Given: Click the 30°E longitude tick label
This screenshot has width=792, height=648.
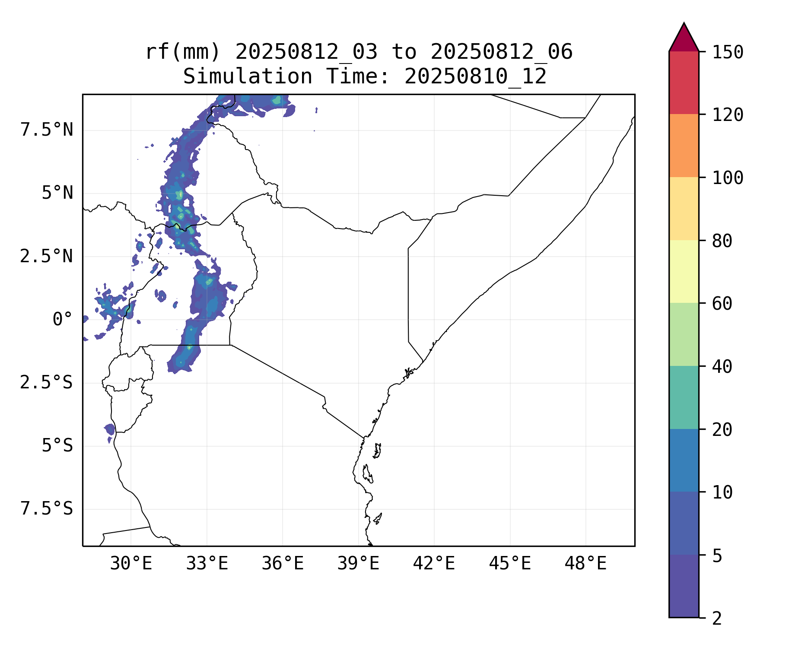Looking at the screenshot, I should [131, 564].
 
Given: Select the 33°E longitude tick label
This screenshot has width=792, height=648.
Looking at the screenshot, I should [207, 564].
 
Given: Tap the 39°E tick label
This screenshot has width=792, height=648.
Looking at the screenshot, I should [358, 564].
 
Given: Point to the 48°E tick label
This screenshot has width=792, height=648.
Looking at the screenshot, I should [585, 564].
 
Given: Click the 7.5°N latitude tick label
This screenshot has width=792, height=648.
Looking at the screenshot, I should [47, 130].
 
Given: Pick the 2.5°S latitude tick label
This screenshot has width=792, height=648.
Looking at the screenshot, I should [47, 383].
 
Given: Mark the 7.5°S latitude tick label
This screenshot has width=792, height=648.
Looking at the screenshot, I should [47, 509].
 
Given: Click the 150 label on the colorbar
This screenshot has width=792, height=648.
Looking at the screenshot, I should [728, 52].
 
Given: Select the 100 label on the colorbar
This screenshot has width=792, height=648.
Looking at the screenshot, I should [728, 178].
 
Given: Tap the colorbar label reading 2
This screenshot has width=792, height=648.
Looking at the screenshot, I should [717, 619].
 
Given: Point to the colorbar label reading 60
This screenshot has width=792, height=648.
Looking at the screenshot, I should [722, 303].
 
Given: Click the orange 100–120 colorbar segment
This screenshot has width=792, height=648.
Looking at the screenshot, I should [684, 146].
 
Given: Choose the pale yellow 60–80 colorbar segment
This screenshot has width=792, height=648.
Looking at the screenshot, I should [684, 271].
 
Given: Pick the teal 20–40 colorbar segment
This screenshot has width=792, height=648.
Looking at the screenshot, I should [684, 397].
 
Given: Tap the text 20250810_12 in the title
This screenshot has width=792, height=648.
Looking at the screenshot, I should [475, 77].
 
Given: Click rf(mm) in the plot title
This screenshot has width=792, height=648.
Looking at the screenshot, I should [182, 52].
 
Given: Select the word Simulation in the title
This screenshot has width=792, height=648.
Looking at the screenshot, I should [248, 77].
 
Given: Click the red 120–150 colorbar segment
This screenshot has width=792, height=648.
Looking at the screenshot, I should [684, 83].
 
